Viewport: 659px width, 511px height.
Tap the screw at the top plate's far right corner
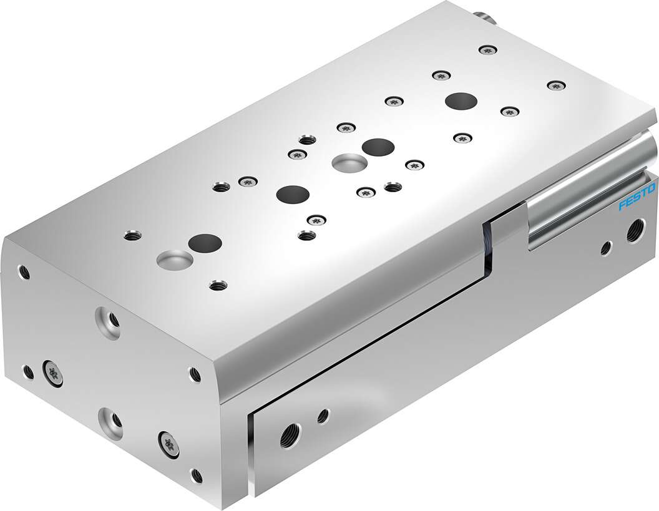(553, 84)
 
